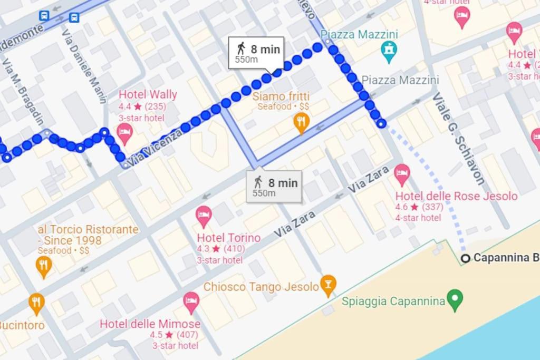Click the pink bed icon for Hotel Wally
click(124, 133)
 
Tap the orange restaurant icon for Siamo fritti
click(301, 122)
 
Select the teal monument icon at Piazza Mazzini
click(389, 52)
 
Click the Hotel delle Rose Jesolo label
click(456, 196)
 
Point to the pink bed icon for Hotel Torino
click(204, 216)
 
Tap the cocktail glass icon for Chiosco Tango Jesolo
click(328, 285)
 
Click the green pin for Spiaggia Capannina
click(454, 299)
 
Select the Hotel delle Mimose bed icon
click(191, 302)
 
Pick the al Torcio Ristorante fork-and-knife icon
click(43, 266)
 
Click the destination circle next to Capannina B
click(465, 258)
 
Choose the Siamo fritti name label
click(281, 96)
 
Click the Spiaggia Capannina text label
click(393, 301)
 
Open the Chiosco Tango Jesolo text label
click(261, 287)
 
